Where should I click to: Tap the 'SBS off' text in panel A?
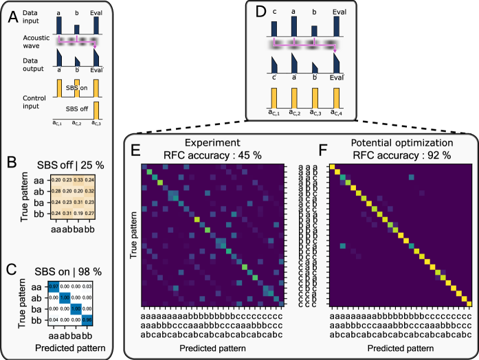(x=79, y=109)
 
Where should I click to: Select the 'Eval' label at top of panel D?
(x=339, y=12)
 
